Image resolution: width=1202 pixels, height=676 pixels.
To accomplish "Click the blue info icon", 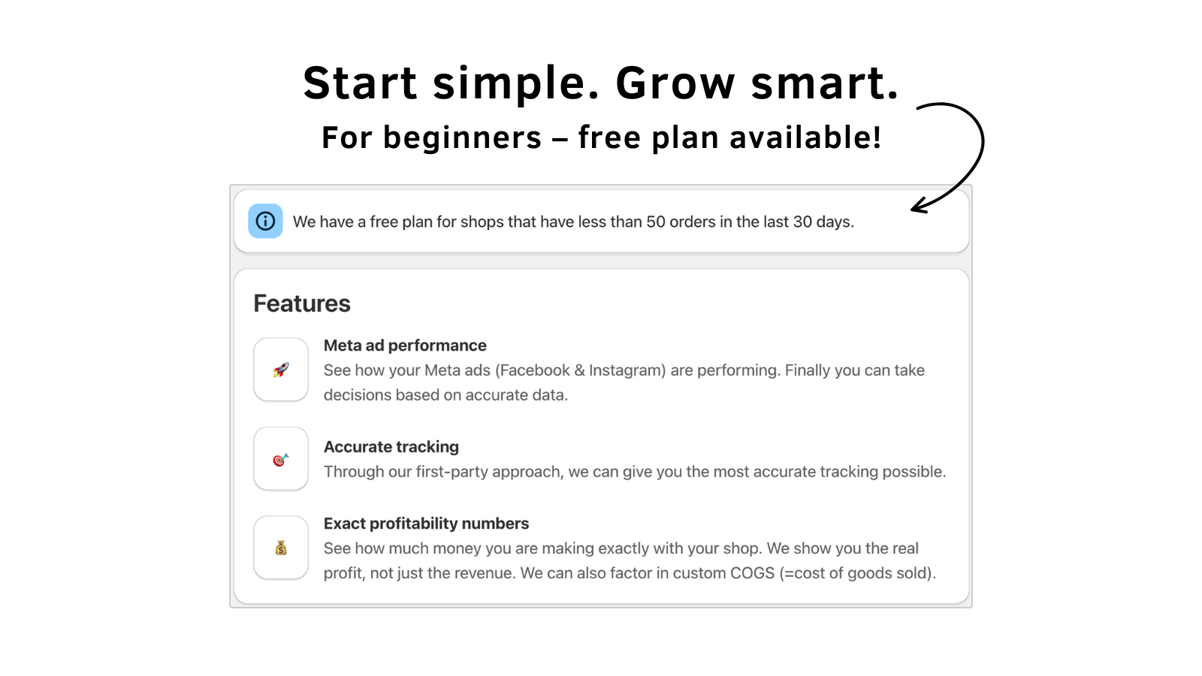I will click(265, 221).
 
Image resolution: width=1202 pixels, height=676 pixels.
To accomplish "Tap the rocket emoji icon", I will click(281, 370).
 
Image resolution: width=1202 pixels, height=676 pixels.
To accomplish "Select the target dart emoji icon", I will click(281, 459).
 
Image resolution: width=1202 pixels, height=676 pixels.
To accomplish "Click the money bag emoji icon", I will click(281, 548).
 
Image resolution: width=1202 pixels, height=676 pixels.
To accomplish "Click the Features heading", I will click(302, 303).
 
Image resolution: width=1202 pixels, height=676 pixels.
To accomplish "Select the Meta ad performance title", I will click(405, 346).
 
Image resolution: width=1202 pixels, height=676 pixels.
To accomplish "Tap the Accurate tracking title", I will click(391, 447).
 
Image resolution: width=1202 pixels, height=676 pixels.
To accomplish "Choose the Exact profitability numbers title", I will click(426, 524).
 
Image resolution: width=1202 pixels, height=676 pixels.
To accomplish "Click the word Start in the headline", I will click(360, 83).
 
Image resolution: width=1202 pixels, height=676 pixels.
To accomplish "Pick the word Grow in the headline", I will click(675, 83).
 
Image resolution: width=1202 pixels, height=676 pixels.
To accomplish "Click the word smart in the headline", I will click(824, 83).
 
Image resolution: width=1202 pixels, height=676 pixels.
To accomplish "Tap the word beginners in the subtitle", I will click(462, 138).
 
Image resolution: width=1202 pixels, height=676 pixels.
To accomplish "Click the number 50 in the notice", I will click(656, 222).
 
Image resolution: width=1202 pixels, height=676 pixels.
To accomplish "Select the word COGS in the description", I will click(752, 573).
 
